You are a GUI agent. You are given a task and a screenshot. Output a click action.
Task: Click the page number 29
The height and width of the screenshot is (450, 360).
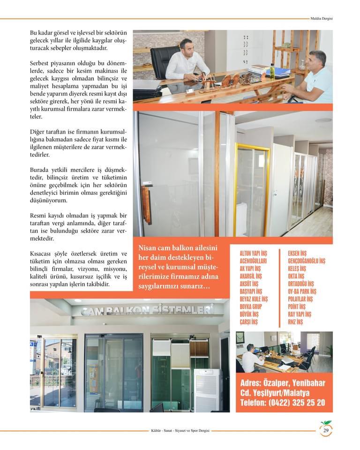(326, 431)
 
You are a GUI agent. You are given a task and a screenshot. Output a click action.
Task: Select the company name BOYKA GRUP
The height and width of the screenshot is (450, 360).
(251, 307)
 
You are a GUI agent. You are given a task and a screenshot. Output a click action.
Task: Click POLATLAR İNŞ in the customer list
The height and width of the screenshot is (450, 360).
(302, 299)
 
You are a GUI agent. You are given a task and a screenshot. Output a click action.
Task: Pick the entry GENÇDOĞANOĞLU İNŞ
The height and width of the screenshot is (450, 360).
(307, 261)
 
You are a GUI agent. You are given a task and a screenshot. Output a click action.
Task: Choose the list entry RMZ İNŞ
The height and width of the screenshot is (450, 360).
(295, 322)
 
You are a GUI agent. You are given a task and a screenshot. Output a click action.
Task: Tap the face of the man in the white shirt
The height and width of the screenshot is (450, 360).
(184, 48)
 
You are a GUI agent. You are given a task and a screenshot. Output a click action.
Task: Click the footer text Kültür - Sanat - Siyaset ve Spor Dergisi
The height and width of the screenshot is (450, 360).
(177, 431)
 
